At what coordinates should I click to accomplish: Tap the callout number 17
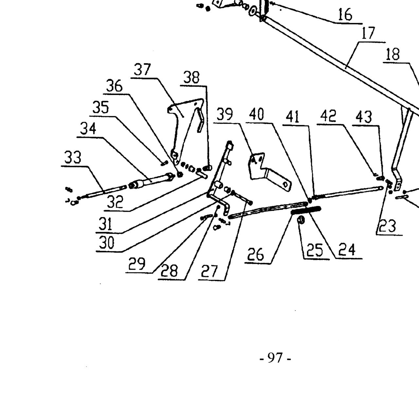point(368,33)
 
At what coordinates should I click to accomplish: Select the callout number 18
point(393,54)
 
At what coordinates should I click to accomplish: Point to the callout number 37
point(142,70)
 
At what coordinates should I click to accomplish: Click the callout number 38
point(191,78)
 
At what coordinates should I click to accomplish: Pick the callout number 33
point(73,157)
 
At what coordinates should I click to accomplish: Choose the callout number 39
point(225,114)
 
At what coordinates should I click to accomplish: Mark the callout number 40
point(257,114)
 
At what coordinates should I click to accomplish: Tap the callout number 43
point(364,117)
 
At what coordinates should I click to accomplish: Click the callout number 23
point(387,226)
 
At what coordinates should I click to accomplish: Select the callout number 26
point(256,254)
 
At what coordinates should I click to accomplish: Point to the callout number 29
point(137,264)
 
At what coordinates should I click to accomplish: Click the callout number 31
point(105,224)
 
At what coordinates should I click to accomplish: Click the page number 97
point(275,358)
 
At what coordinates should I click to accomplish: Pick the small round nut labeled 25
point(301,220)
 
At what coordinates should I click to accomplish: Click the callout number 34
point(88,129)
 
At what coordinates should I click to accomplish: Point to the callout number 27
point(209,271)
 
